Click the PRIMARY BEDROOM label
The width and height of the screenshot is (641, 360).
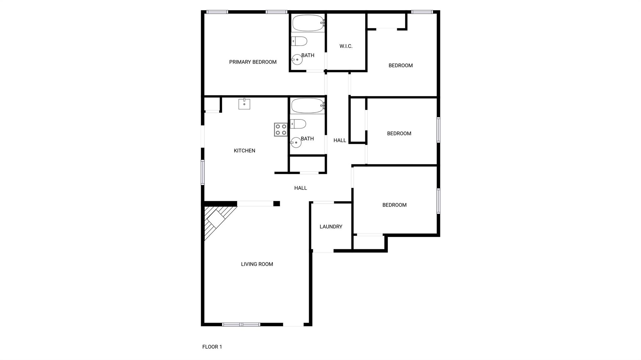click(253, 62)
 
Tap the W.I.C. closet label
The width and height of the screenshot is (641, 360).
click(346, 46)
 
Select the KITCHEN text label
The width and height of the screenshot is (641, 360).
click(244, 151)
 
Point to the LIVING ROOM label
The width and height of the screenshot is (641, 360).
click(257, 264)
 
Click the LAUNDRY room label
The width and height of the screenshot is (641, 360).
click(331, 227)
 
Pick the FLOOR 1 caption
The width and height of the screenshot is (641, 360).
click(212, 347)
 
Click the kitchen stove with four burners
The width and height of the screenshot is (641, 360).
click(281, 129)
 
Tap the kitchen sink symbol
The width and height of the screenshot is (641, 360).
click(244, 104)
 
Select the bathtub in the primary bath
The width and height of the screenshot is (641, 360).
click(308, 23)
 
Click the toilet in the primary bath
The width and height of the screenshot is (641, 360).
click(299, 41)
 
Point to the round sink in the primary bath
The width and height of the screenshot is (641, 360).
click(297, 59)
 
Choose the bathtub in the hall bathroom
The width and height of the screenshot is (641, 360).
click(307, 106)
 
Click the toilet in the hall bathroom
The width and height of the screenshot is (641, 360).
click(298, 124)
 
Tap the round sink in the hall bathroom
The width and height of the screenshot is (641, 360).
click(296, 143)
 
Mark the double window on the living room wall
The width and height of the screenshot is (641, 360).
click(241, 324)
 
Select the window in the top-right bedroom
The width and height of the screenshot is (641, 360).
click(422, 12)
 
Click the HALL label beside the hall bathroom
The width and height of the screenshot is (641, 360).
click(340, 140)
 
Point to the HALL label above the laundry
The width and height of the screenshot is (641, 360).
click(300, 188)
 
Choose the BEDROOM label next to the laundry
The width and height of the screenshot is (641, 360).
click(394, 205)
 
